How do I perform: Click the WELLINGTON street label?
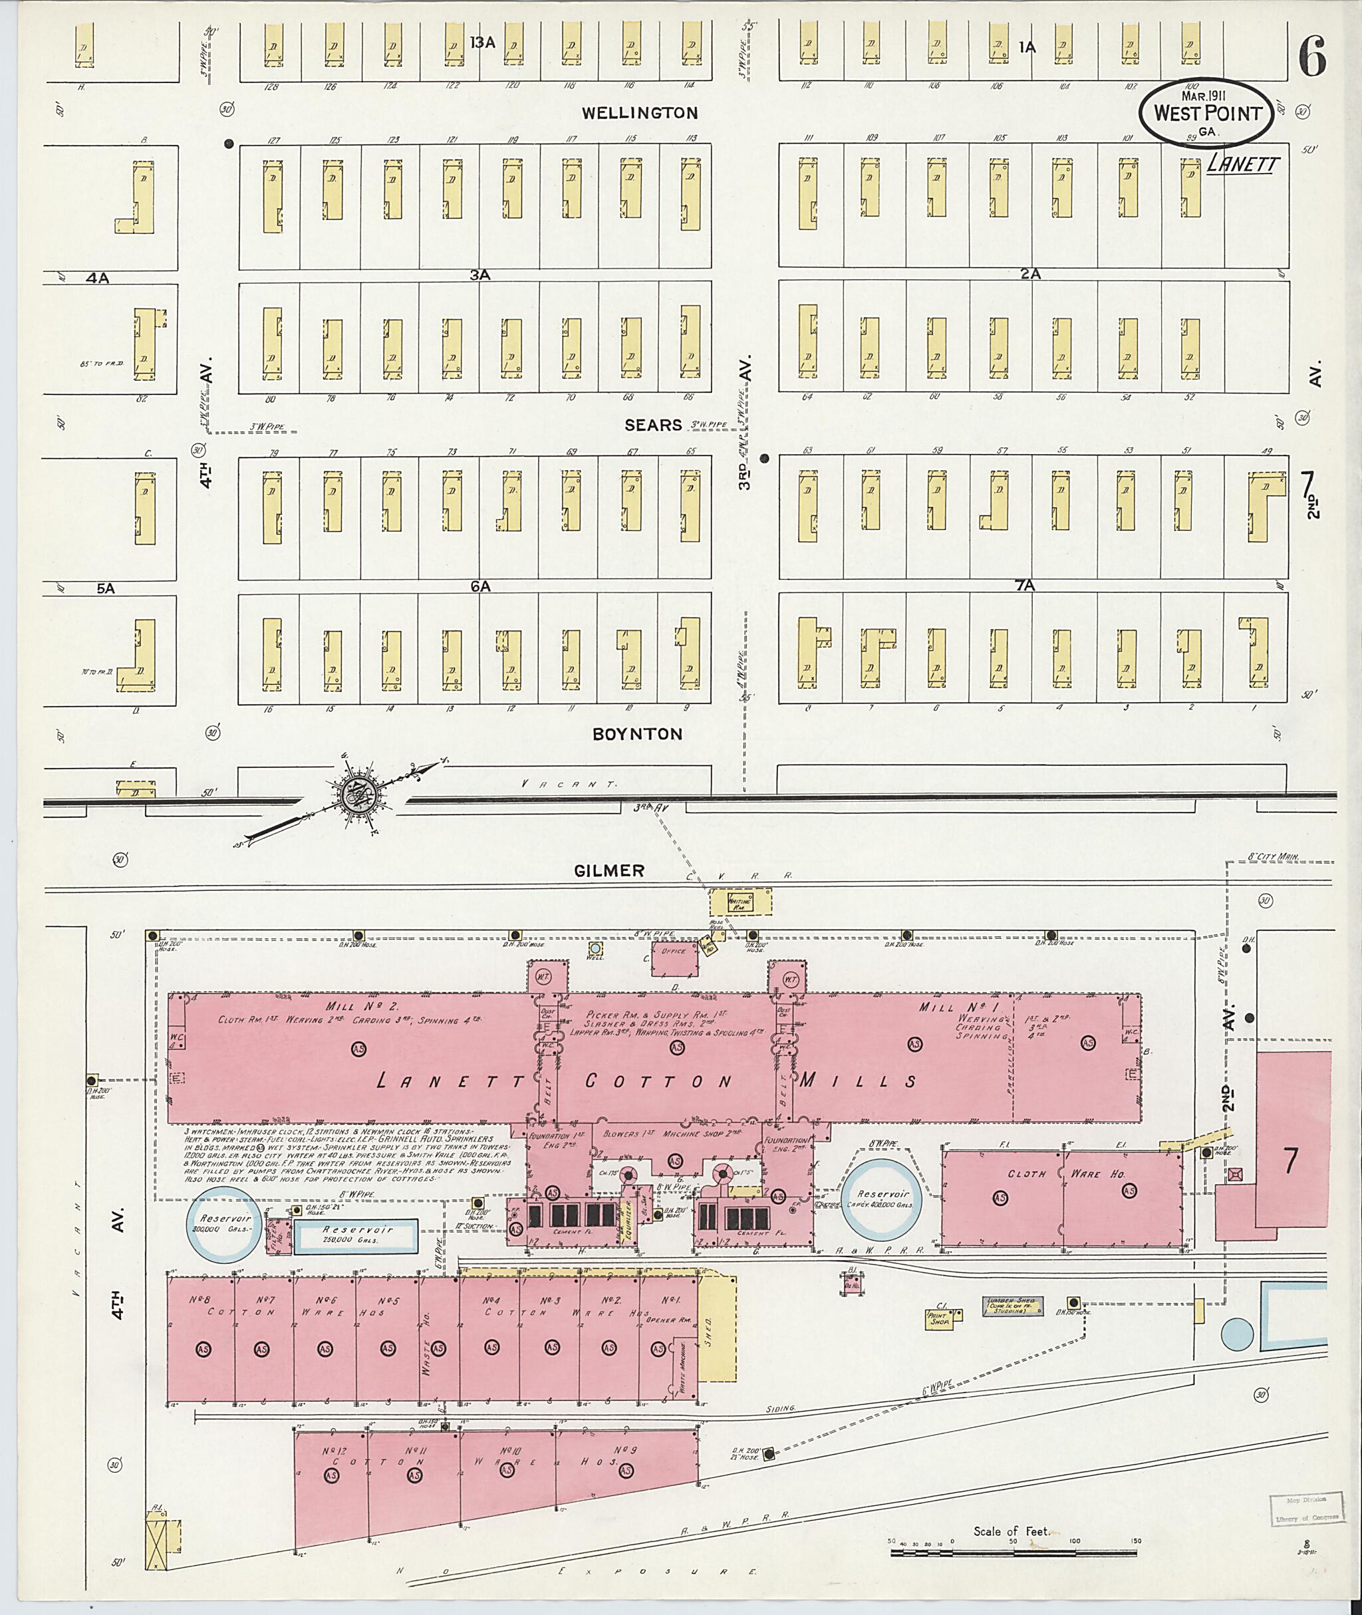pyautogui.click(x=639, y=114)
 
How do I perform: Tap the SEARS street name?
pyautogui.click(x=653, y=425)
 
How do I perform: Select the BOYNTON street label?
pyautogui.click(x=637, y=734)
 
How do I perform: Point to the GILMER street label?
pyautogui.click(x=609, y=871)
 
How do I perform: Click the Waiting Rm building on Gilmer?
pyautogui.click(x=740, y=901)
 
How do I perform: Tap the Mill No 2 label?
pyautogui.click(x=351, y=1007)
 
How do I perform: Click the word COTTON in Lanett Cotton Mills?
pyautogui.click(x=658, y=1082)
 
